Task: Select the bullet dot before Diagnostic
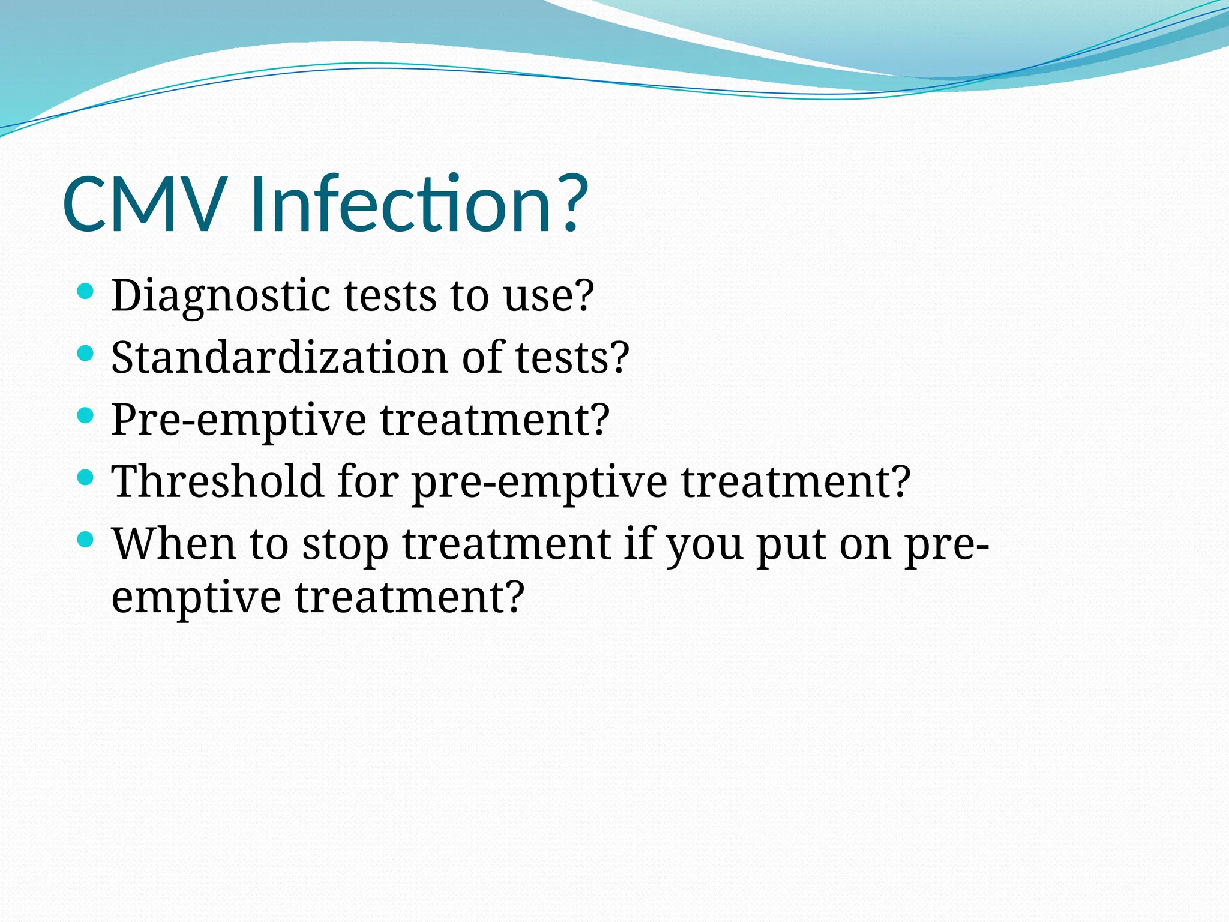click(x=86, y=292)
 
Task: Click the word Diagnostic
click(x=221, y=296)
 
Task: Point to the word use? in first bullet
click(x=548, y=296)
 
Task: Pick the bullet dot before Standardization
click(x=86, y=354)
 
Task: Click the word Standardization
click(x=279, y=358)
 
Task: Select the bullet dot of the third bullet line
click(x=86, y=415)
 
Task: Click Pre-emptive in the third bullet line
click(x=238, y=420)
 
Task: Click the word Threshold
click(x=217, y=482)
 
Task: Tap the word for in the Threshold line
click(x=367, y=482)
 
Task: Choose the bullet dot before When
click(x=86, y=540)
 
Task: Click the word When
click(x=173, y=544)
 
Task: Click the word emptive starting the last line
click(x=196, y=598)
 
